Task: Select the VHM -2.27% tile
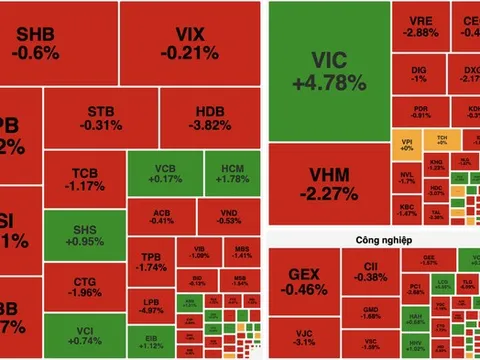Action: coord(327,182)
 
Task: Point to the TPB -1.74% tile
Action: coord(151,262)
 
